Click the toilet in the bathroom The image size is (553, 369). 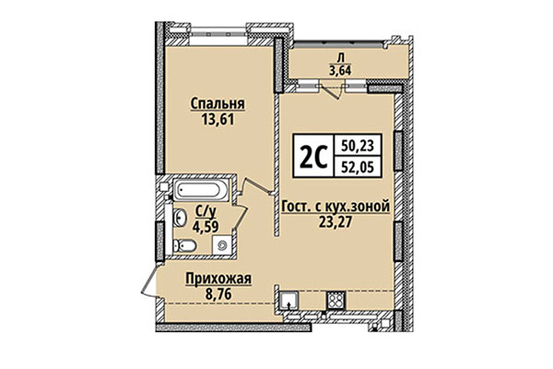click(x=183, y=244)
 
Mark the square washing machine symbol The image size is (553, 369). click(x=221, y=244)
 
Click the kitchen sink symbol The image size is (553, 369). click(x=288, y=300)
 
